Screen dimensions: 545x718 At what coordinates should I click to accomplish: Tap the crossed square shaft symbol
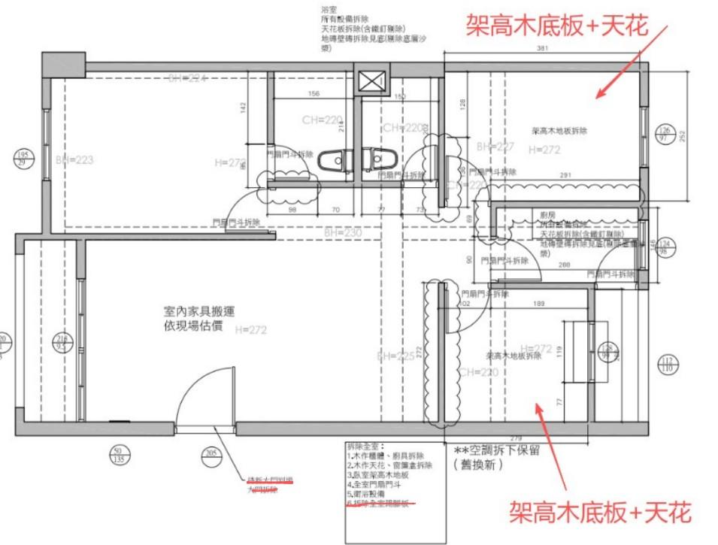pyautogui.click(x=373, y=80)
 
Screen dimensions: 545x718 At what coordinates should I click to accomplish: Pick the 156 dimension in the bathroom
pyautogui.click(x=314, y=94)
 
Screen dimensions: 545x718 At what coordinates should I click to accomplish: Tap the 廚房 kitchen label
pyautogui.click(x=547, y=216)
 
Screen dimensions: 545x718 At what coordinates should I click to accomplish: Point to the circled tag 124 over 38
pyautogui.click(x=663, y=247)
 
